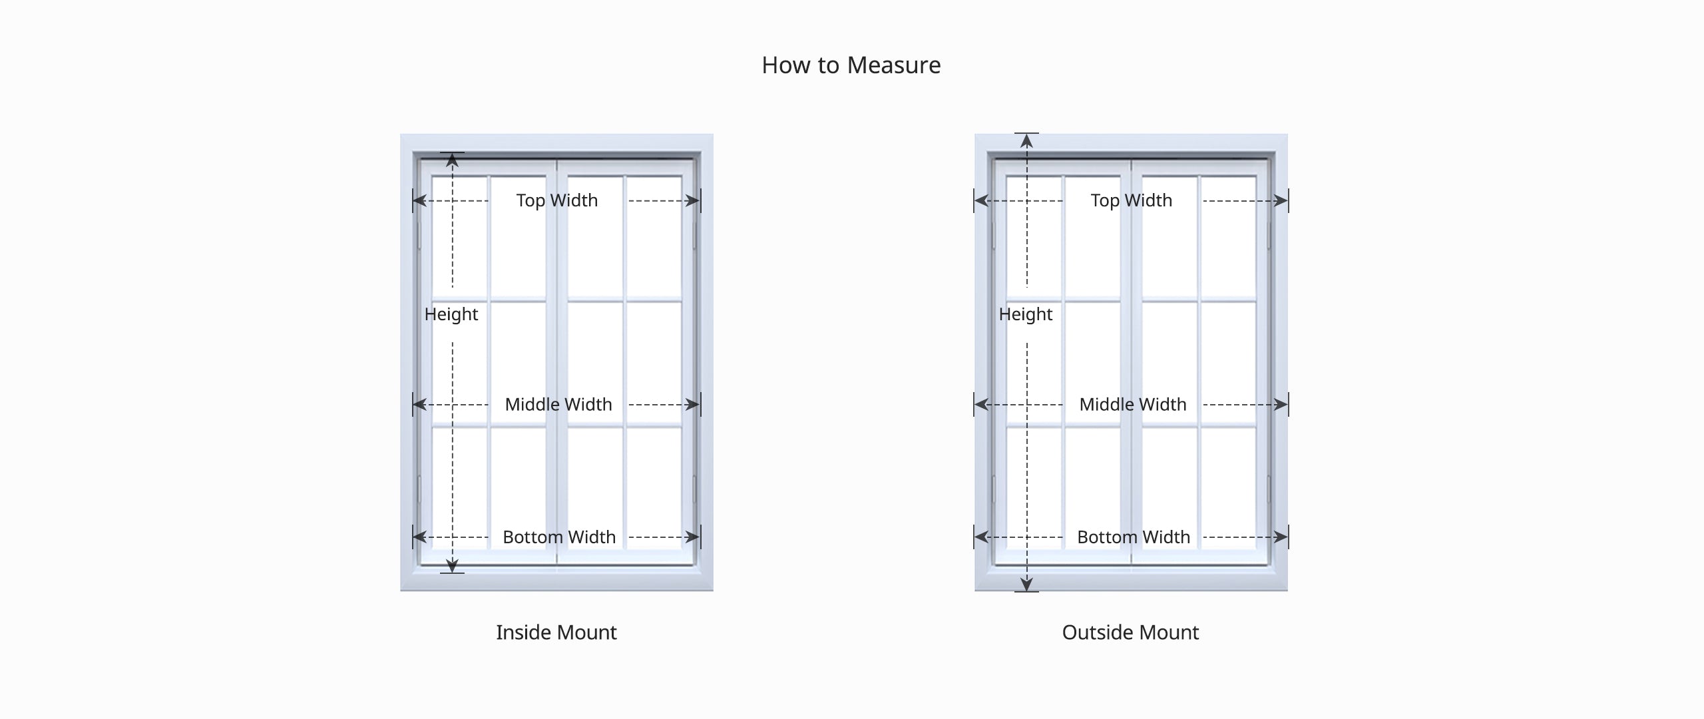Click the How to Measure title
point(851,65)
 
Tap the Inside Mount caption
point(556,632)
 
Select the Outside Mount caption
point(1130,632)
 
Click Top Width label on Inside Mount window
point(557,200)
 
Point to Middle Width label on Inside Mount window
point(558,404)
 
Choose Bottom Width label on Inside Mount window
point(559,537)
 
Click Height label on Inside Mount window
point(451,314)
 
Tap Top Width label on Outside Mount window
point(1132,200)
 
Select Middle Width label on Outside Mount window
point(1133,404)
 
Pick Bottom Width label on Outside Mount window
point(1134,537)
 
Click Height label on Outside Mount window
point(1026,314)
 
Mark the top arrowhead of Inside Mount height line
point(453,160)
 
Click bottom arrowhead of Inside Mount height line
point(453,566)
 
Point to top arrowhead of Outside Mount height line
point(1027,141)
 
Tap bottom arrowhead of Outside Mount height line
point(1027,585)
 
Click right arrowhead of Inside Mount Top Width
point(693,200)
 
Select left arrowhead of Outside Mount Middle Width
point(982,404)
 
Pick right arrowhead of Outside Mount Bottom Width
point(1281,537)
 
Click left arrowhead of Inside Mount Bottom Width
point(420,537)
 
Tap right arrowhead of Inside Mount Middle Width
point(693,404)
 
